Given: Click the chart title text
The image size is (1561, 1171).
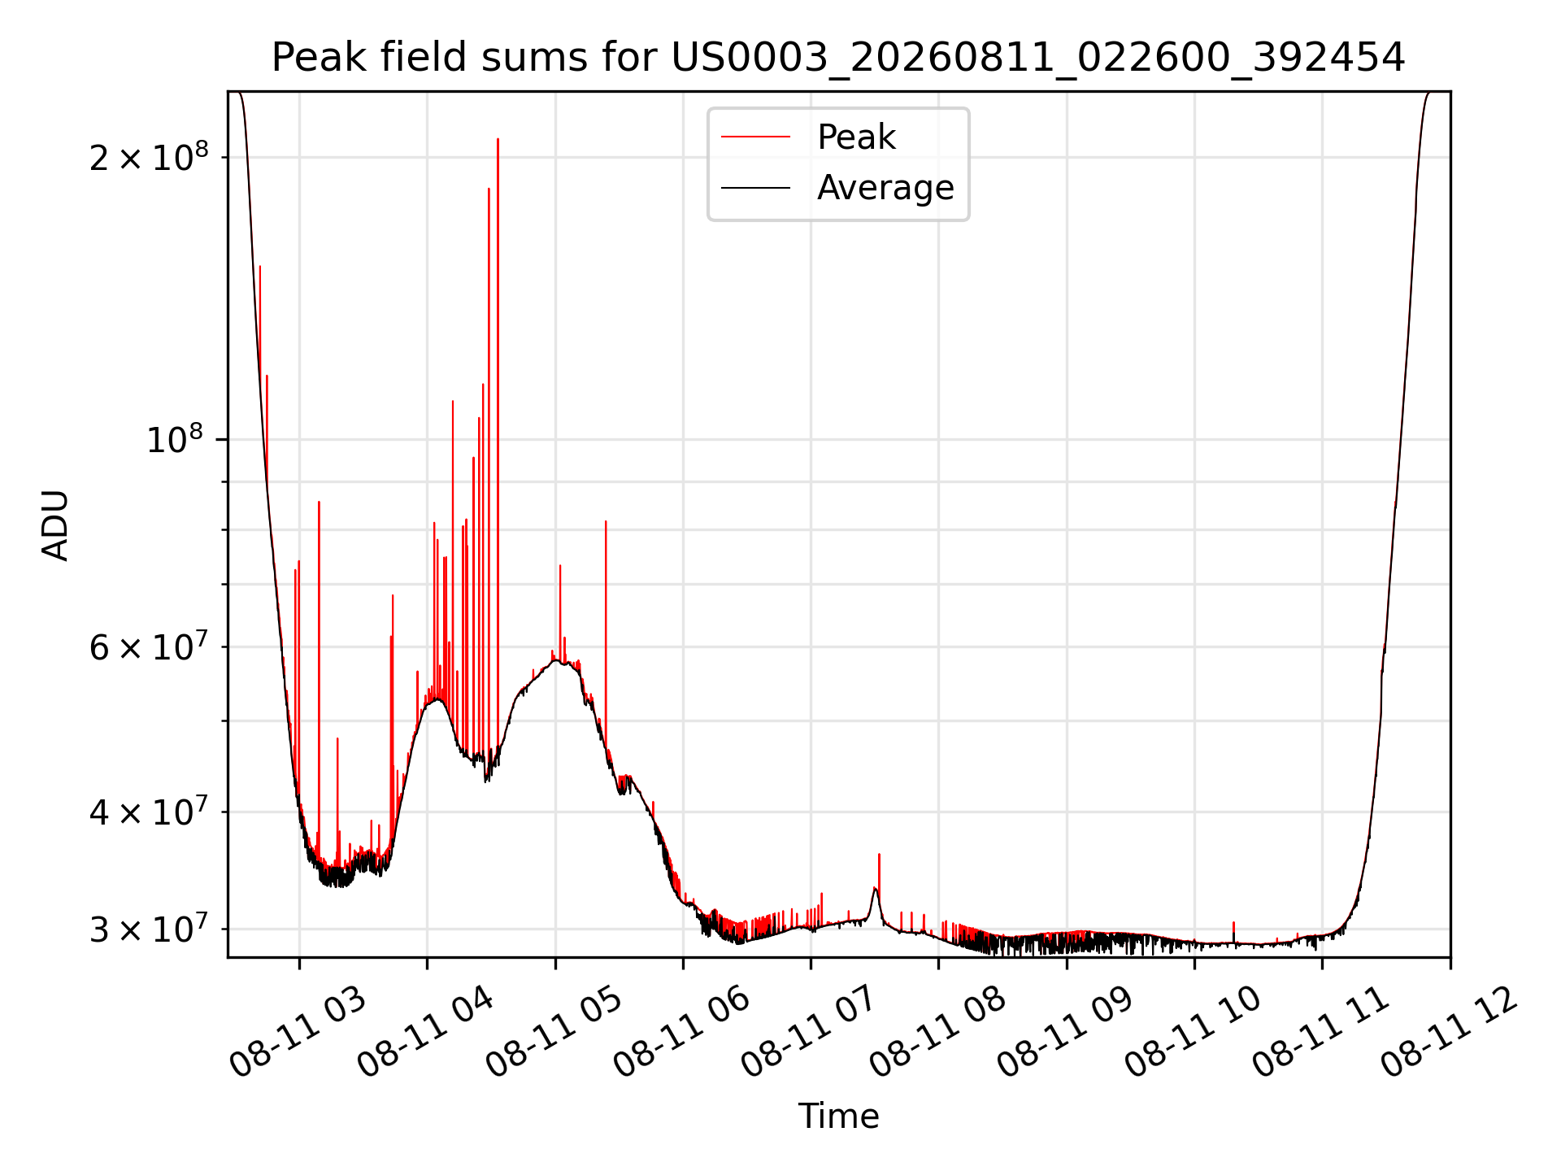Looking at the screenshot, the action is pyautogui.click(x=838, y=58).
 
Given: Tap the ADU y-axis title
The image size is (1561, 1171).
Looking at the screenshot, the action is pyautogui.click(x=55, y=525).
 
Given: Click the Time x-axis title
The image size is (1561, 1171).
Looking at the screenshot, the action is pyautogui.click(x=838, y=1116).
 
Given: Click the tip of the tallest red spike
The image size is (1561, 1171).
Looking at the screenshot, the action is pyautogui.click(x=498, y=139).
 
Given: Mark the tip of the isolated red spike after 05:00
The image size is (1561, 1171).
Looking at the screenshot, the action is pyautogui.click(x=606, y=521).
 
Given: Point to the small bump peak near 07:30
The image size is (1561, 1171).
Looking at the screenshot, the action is pyautogui.click(x=875, y=888).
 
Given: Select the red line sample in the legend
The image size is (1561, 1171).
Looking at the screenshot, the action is pyautogui.click(x=755, y=137).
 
